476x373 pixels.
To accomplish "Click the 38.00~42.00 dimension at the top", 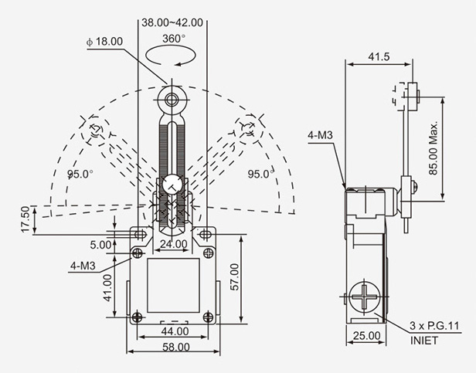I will [173, 22].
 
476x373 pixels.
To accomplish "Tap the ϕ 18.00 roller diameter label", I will [106, 41].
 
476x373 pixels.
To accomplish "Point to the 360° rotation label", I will [173, 38].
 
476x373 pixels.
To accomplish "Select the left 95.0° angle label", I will [80, 175].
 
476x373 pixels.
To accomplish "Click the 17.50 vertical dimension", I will [25, 219].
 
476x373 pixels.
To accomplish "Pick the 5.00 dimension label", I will [100, 245].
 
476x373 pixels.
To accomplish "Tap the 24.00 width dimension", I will [172, 245].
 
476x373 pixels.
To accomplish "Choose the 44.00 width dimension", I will [172, 331].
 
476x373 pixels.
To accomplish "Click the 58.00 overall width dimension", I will [172, 348].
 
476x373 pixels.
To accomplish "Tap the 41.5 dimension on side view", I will [379, 57].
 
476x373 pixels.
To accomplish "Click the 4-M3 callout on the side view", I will [321, 135].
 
